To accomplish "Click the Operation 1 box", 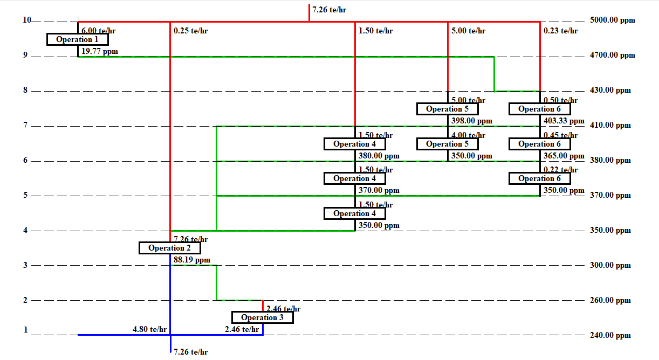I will pos(78,39).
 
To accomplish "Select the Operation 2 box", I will pos(170,248).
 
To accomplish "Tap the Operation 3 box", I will pos(263,317).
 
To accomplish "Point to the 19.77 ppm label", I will pos(99,52).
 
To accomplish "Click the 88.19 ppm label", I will pos(192,260).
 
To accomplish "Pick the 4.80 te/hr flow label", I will pos(150,329).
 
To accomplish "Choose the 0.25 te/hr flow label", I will pos(191,31).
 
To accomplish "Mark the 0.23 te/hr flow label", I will pos(561,31).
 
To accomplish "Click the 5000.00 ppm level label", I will pos(613,20).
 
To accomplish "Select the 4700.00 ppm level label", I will pos(613,55).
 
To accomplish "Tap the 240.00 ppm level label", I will pos(610,335).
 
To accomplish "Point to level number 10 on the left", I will pos(27,20).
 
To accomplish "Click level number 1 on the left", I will pos(25,330).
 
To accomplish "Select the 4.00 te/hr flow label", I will pos(468,135).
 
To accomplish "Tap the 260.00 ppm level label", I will pos(610,300).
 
